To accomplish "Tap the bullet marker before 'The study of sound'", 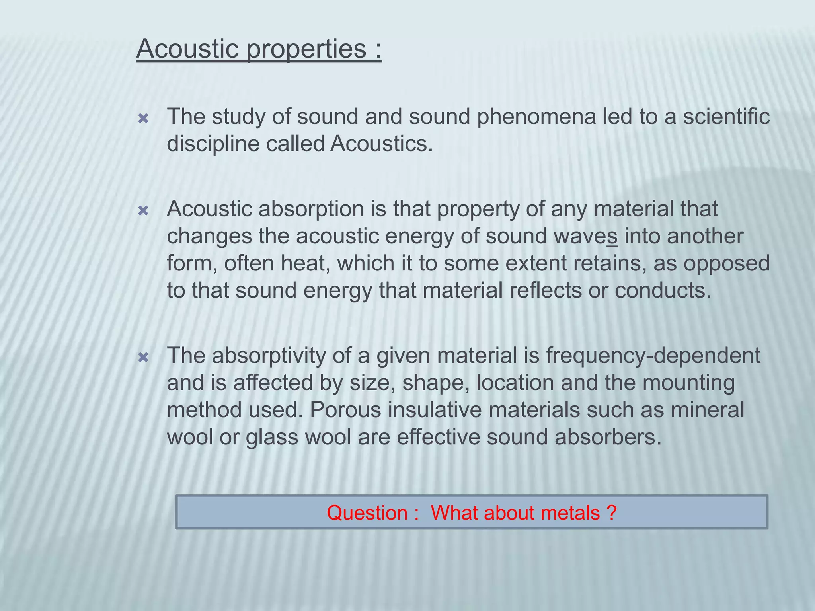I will pos(143,119).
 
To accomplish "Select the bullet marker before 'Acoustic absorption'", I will pos(143,211).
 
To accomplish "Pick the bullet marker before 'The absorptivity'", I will pos(143,358).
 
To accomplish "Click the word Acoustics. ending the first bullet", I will pos(381,144).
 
